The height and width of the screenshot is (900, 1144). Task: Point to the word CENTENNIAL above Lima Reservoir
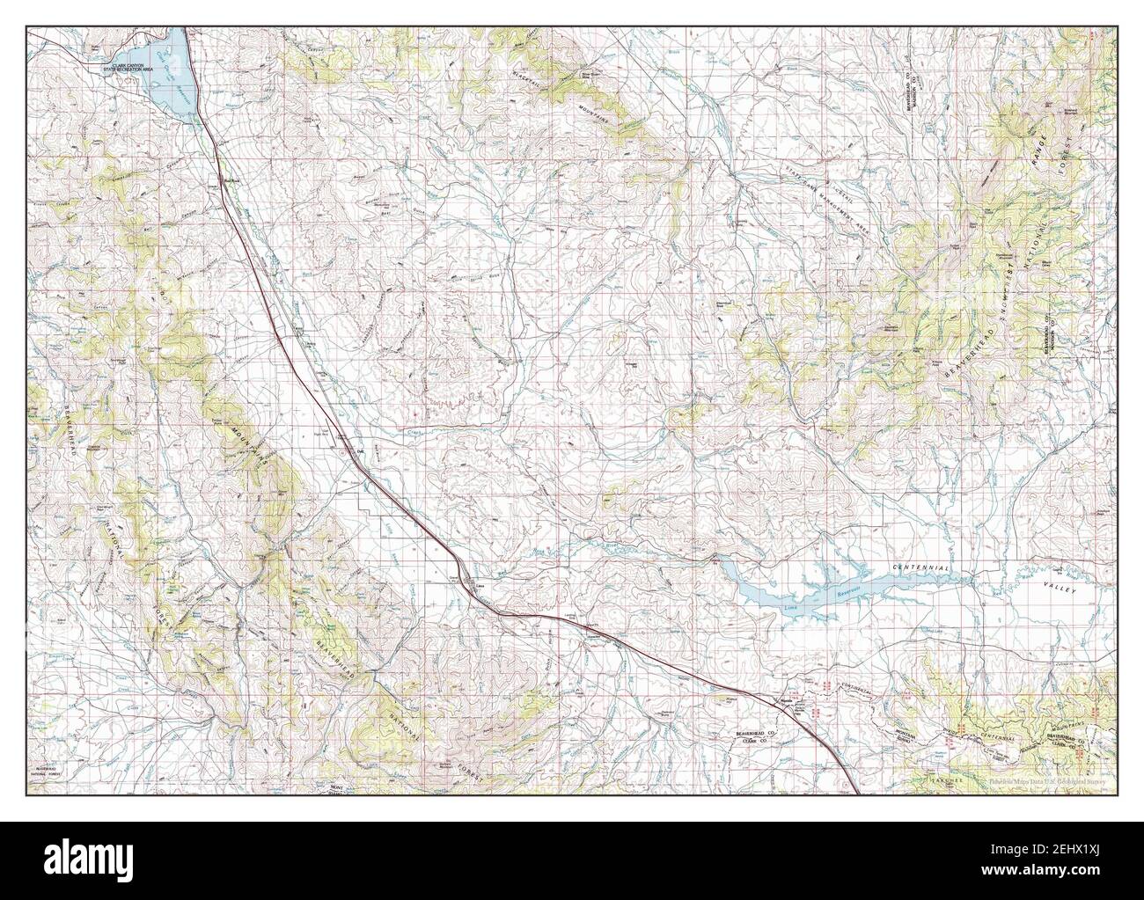click(x=920, y=569)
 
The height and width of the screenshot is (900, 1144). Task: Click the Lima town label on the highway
click(x=480, y=585)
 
